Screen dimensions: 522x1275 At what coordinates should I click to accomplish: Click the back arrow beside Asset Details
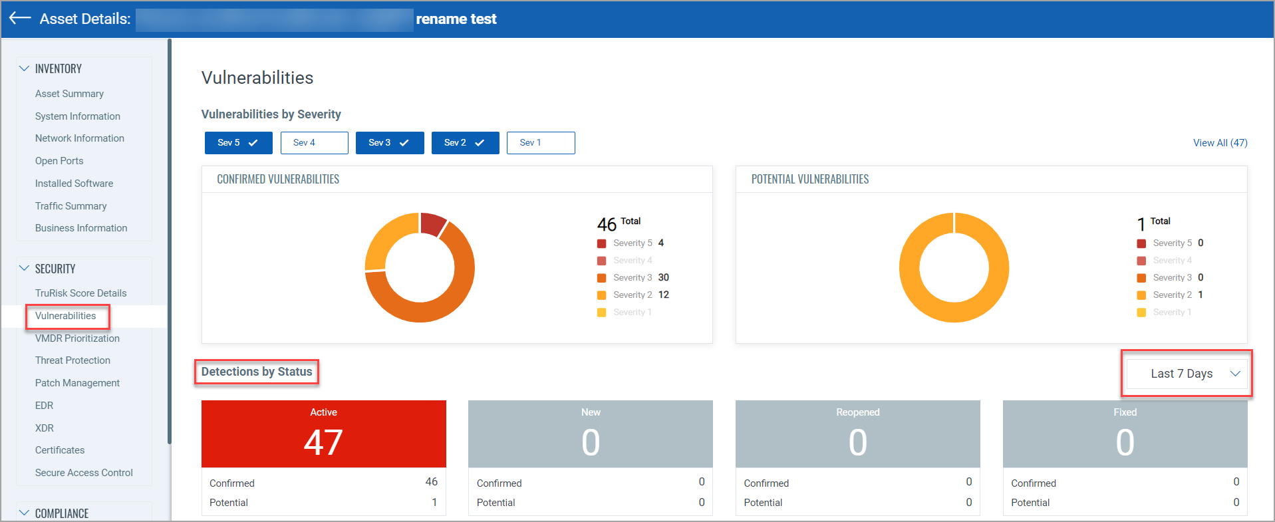(x=20, y=18)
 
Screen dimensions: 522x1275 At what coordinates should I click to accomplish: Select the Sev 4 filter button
(x=314, y=143)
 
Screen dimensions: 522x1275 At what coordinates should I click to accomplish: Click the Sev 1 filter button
(x=540, y=143)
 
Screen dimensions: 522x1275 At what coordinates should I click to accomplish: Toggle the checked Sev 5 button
(x=238, y=143)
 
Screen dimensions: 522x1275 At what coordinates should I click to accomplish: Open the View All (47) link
(x=1220, y=143)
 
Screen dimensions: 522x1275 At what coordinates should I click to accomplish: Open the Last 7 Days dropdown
(x=1187, y=374)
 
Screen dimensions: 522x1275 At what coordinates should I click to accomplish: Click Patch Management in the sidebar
(x=77, y=383)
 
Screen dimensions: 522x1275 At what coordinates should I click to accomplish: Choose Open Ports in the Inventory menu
(x=59, y=161)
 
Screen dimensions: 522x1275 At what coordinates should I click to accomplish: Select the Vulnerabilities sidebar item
(x=66, y=316)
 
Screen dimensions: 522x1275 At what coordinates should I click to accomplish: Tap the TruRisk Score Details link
(x=80, y=293)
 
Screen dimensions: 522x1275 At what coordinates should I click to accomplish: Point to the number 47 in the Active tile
(x=323, y=443)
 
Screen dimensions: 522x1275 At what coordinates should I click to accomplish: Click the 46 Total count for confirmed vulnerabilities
(x=607, y=225)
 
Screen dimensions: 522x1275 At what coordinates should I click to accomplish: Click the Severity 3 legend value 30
(x=663, y=278)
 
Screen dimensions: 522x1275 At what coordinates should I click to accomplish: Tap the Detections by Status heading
(x=257, y=372)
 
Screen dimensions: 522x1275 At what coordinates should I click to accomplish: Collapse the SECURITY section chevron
(x=25, y=269)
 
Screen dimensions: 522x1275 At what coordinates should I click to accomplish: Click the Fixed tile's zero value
(x=1125, y=443)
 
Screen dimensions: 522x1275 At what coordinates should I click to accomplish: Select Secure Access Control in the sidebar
(x=84, y=473)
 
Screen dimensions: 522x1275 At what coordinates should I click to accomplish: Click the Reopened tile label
(x=857, y=412)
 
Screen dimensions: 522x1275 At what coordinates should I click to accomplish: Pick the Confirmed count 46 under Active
(x=431, y=482)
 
